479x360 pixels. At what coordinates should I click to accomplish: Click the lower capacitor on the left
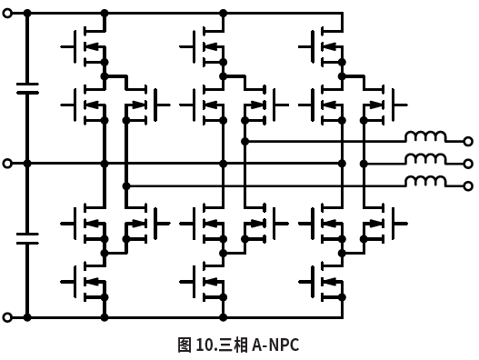click(x=27, y=238)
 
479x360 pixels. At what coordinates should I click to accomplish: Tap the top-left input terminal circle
click(x=8, y=14)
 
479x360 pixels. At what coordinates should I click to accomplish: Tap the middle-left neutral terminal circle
click(x=8, y=164)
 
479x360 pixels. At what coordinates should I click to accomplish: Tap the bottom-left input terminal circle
click(x=8, y=317)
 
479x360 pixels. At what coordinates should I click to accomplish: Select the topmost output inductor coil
click(x=425, y=138)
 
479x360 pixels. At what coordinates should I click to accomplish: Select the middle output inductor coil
click(x=425, y=160)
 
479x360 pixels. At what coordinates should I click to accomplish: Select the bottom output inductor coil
click(x=425, y=182)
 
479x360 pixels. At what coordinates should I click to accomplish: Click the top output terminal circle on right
click(x=468, y=141)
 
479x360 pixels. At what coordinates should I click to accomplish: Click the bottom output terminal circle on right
click(x=468, y=185)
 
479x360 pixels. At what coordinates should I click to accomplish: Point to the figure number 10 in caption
click(x=201, y=345)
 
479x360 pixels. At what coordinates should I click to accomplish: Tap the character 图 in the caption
click(x=185, y=345)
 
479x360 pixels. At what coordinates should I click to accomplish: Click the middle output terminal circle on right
click(x=468, y=164)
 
